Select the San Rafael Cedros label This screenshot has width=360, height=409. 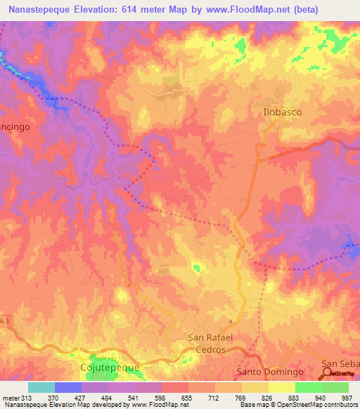pyautogui.click(x=216, y=343)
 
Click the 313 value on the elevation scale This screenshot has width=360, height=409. pyautogui.click(x=24, y=397)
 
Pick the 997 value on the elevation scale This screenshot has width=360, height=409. pyautogui.click(x=347, y=397)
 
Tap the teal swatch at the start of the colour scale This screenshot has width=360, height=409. pyautogui.click(x=41, y=387)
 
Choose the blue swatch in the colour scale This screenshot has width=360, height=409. pyautogui.click(x=68, y=387)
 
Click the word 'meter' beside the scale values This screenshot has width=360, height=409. pyautogui.click(x=9, y=397)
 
